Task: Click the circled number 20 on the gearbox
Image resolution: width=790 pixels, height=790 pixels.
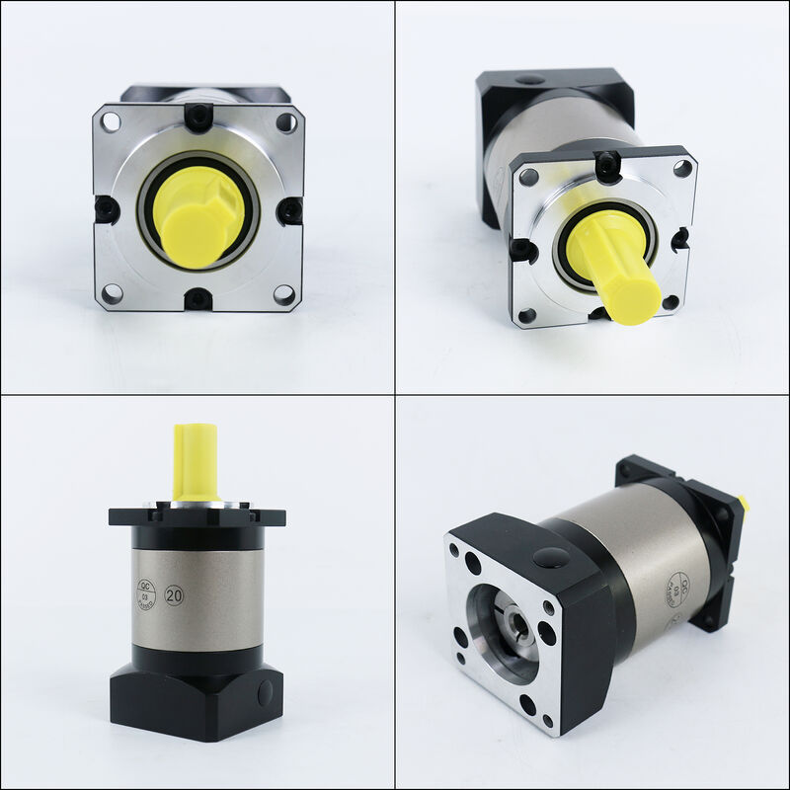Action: coord(175,597)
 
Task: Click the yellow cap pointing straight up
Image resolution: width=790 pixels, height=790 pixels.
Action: coord(196,461)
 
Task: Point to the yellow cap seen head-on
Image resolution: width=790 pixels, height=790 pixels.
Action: coord(197,214)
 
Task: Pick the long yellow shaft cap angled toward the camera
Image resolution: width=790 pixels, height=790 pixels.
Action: coord(612,270)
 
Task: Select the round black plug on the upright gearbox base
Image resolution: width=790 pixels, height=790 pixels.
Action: coord(265,692)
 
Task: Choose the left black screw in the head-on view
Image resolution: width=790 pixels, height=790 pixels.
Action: coord(106,209)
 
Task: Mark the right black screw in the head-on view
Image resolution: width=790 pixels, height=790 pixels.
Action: coord(289,210)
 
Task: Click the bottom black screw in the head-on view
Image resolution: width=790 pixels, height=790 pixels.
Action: coord(198,298)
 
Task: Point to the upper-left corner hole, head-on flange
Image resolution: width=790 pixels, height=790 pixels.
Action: coord(111,122)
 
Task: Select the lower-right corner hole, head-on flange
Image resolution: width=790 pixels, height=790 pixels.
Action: coord(283,293)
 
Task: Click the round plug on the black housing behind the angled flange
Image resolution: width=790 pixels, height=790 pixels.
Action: coord(530,79)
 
